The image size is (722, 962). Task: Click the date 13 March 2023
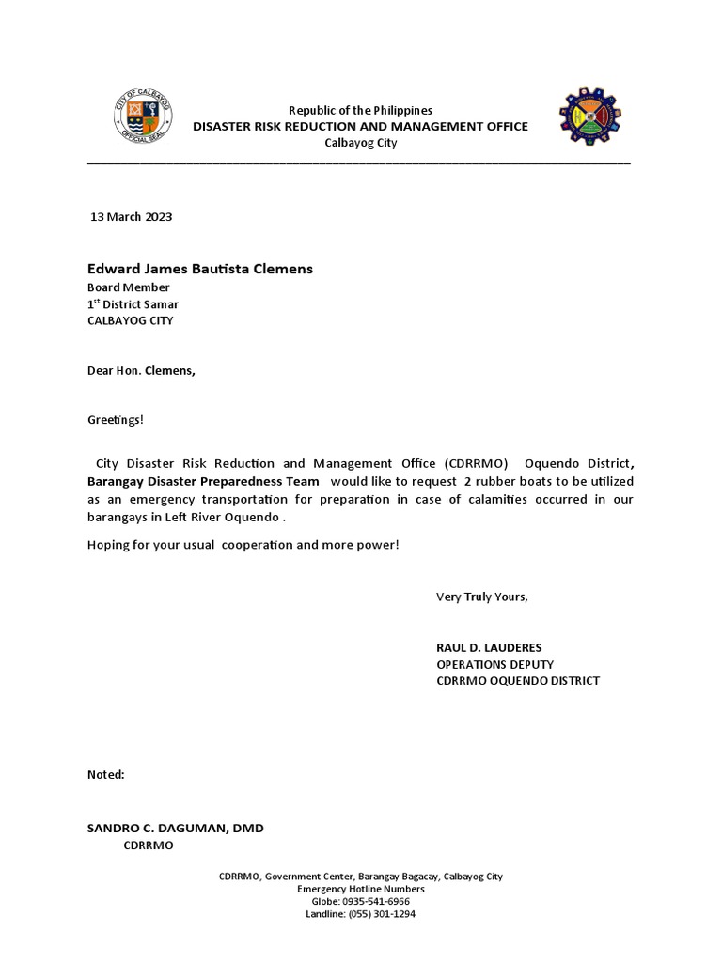click(132, 217)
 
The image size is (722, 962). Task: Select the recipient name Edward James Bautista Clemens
click(200, 270)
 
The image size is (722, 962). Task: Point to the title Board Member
click(129, 287)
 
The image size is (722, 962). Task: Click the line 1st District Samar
click(133, 304)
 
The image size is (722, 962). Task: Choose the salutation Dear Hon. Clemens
click(141, 370)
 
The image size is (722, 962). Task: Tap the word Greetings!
click(116, 419)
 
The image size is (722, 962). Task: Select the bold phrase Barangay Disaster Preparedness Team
click(204, 481)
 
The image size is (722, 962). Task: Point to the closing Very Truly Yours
click(482, 597)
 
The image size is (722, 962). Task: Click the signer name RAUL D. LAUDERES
click(489, 648)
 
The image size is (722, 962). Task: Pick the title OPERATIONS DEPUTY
click(488, 664)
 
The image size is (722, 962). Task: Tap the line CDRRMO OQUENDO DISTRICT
click(517, 681)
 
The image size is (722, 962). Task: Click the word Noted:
click(106, 775)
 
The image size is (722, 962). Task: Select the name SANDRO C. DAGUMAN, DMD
click(176, 829)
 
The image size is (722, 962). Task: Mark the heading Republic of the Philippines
click(360, 111)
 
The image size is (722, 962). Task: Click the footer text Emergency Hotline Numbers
click(361, 890)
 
